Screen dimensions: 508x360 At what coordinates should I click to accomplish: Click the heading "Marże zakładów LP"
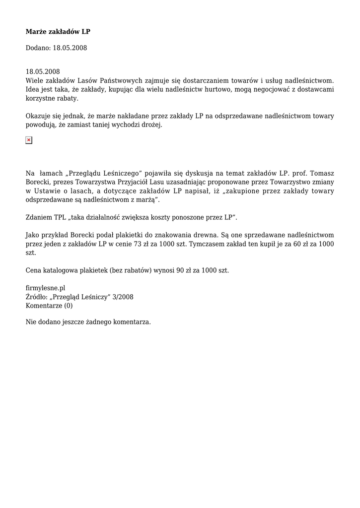pyautogui.click(x=58, y=32)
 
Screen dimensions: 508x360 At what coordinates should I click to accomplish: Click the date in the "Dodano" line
pyautogui.click(x=70, y=48)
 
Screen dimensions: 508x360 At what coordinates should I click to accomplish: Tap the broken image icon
pyautogui.click(x=29, y=140)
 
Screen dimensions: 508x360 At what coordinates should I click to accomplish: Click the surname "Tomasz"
pyautogui.click(x=322, y=173)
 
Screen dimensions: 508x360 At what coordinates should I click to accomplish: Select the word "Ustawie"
pyautogui.click(x=47, y=191)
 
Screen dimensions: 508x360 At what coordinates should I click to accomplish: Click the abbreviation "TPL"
pyautogui.click(x=61, y=217)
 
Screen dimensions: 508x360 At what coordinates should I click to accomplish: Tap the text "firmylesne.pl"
pyautogui.click(x=46, y=288)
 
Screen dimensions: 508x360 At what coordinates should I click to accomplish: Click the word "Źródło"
pyautogui.click(x=36, y=297)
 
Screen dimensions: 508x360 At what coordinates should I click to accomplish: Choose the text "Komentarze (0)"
pyautogui.click(x=49, y=306)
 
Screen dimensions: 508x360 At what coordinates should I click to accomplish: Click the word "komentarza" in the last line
pyautogui.click(x=132, y=322)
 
